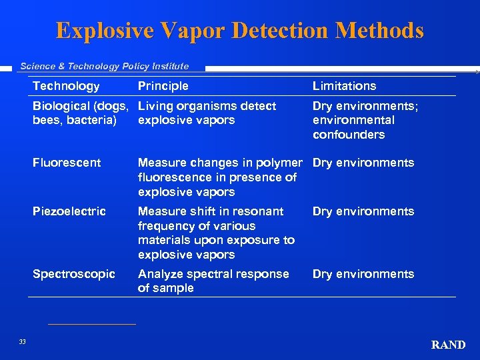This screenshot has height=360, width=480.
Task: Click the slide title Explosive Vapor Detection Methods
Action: [240, 31]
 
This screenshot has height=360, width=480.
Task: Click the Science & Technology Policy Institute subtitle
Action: [105, 66]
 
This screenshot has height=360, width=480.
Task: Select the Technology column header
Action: [66, 86]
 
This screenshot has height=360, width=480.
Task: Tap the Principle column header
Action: [163, 86]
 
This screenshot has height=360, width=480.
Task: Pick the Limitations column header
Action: [344, 86]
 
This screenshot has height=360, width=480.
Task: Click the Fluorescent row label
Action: [67, 163]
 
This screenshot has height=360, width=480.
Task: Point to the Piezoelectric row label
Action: [69, 211]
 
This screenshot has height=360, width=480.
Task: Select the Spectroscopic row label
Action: [74, 274]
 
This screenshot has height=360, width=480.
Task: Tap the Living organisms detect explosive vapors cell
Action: [207, 113]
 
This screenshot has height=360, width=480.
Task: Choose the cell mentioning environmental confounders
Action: [365, 120]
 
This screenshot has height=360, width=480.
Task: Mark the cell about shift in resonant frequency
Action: [216, 233]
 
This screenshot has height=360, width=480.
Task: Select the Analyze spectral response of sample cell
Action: [213, 281]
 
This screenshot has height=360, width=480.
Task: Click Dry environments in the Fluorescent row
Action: [363, 163]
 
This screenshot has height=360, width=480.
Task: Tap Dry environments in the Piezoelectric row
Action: [363, 211]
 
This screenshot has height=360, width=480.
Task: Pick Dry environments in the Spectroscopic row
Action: [363, 274]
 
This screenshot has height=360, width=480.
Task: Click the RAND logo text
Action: [448, 345]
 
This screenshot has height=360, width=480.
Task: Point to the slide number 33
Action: [22, 342]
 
